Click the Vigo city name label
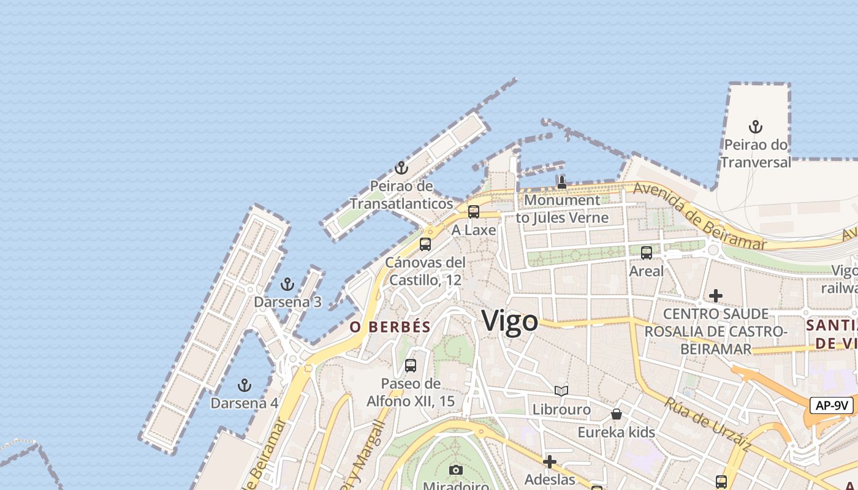(510, 321)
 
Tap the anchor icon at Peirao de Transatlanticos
(401, 168)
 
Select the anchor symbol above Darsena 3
(287, 284)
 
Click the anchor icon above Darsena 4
(245, 385)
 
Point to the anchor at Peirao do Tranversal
(756, 127)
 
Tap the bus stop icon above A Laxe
(474, 212)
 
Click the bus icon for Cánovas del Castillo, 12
(425, 244)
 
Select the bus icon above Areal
(647, 252)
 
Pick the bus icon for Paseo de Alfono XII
(411, 366)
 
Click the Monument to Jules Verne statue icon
(561, 182)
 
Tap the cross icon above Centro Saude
(715, 296)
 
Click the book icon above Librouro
(561, 391)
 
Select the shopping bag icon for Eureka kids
(617, 414)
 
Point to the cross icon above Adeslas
(550, 461)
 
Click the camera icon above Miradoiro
(455, 470)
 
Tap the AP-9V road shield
(832, 405)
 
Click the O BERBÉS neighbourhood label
(390, 327)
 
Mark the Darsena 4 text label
(245, 403)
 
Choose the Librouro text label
(561, 409)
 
